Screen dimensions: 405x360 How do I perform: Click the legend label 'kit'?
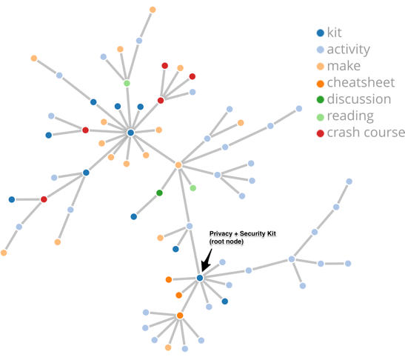click(x=334, y=33)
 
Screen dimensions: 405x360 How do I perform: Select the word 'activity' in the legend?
click(x=349, y=50)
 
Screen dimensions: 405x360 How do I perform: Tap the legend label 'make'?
click(x=344, y=66)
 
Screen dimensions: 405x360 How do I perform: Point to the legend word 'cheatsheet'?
click(x=361, y=83)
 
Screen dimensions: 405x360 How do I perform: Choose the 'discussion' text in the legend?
click(x=359, y=99)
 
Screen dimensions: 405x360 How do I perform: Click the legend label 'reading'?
click(x=350, y=116)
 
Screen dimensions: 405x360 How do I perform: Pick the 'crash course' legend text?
click(x=366, y=133)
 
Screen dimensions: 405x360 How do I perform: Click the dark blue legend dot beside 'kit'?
click(x=321, y=33)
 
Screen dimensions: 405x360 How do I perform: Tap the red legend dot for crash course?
click(x=321, y=133)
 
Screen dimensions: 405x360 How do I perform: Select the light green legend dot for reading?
click(x=321, y=117)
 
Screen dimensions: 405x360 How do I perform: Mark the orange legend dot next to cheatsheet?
click(x=321, y=84)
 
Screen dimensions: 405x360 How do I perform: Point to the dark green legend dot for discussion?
click(x=321, y=99)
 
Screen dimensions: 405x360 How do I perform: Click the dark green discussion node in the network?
click(x=159, y=193)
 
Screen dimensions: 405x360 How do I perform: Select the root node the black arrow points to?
click(x=200, y=278)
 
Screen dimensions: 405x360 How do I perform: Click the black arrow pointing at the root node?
click(x=207, y=261)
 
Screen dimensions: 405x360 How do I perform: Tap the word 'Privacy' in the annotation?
click(x=221, y=233)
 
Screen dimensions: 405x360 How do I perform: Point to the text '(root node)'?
click(x=227, y=241)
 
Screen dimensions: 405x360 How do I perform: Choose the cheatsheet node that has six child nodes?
click(x=180, y=316)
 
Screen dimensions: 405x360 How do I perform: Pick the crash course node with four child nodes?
click(x=161, y=100)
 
